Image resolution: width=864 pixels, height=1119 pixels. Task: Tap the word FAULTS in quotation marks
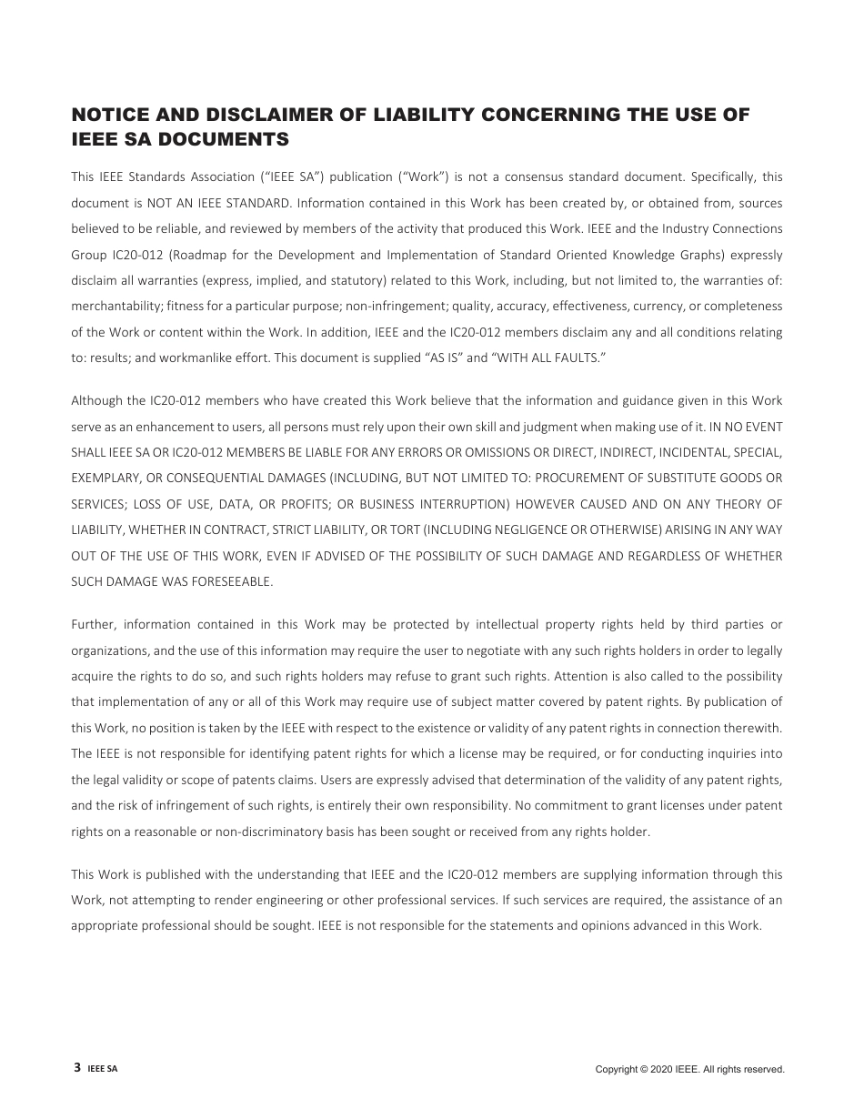[x=575, y=358]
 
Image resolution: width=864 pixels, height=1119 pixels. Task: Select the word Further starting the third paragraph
[x=92, y=624]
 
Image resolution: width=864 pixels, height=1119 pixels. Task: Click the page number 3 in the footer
[x=77, y=1068]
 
